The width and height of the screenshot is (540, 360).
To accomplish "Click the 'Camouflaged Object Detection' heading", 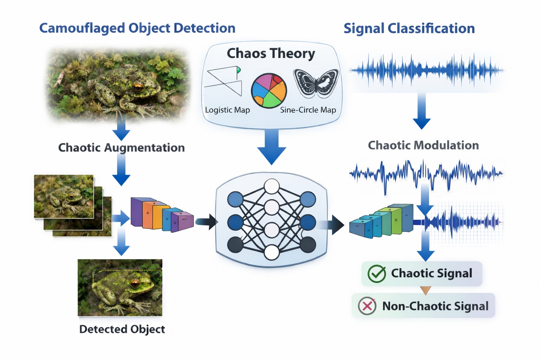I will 137,28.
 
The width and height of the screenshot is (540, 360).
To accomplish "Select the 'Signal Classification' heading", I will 409,28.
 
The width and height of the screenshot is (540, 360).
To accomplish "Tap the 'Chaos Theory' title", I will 271,53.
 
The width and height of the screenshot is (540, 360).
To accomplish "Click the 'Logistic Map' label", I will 227,110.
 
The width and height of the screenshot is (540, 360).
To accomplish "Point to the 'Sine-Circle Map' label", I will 308,110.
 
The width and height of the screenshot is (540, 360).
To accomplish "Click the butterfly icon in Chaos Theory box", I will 316,83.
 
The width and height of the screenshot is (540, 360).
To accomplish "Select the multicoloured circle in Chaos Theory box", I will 269,91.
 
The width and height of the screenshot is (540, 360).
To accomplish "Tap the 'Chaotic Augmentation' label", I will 121,148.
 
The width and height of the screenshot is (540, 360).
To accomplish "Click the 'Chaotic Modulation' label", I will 423,145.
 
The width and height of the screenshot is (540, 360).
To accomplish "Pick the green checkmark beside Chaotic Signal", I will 377,274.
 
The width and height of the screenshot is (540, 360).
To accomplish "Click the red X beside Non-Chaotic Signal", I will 367,306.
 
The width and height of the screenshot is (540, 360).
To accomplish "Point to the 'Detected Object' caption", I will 122,329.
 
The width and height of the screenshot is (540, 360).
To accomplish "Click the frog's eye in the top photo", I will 137,86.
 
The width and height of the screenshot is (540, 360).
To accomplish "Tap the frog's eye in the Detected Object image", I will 135,283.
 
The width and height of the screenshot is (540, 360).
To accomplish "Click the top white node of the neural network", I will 271,186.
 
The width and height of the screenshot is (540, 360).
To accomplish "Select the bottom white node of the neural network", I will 271,252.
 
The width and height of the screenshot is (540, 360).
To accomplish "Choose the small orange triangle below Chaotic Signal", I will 425,290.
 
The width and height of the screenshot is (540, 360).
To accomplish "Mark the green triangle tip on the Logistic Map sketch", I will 239,70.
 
